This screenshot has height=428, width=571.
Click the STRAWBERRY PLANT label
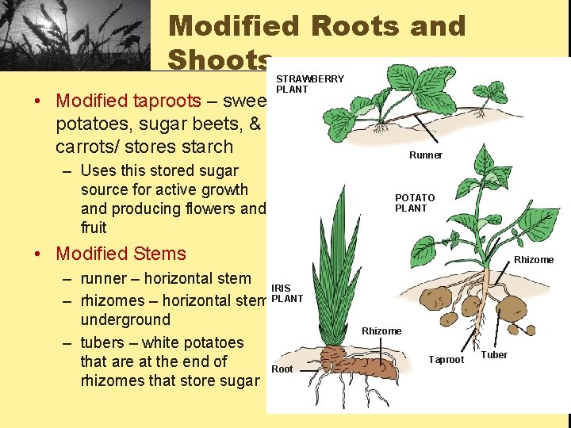pos(309,84)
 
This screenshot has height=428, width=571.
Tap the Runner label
pos(426,155)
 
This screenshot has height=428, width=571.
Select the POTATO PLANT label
pos(415,203)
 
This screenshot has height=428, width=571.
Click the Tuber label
pos(494,355)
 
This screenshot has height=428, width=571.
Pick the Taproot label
pos(446,360)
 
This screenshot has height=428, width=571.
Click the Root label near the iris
pos(282,369)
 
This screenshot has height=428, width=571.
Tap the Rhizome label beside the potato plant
pos(534,260)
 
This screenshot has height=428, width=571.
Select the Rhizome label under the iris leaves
pos(381,331)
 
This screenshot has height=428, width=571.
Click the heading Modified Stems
pos(121,254)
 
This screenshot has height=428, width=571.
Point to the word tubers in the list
pos(106,342)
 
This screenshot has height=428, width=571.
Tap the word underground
pos(125,319)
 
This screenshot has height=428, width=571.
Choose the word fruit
pos(94,227)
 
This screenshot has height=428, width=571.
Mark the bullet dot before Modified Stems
pos(38,254)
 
